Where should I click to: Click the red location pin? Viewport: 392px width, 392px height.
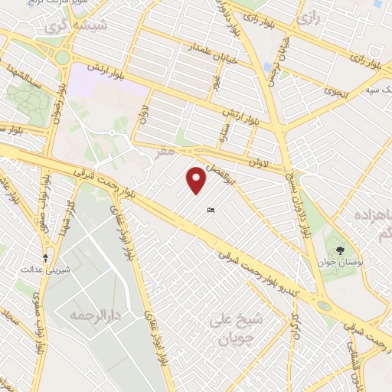[197, 180]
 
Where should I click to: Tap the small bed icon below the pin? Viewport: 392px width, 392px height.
[211, 211]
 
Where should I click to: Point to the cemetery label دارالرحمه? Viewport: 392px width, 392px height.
[86, 315]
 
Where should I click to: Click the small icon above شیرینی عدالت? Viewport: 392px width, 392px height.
[46, 257]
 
